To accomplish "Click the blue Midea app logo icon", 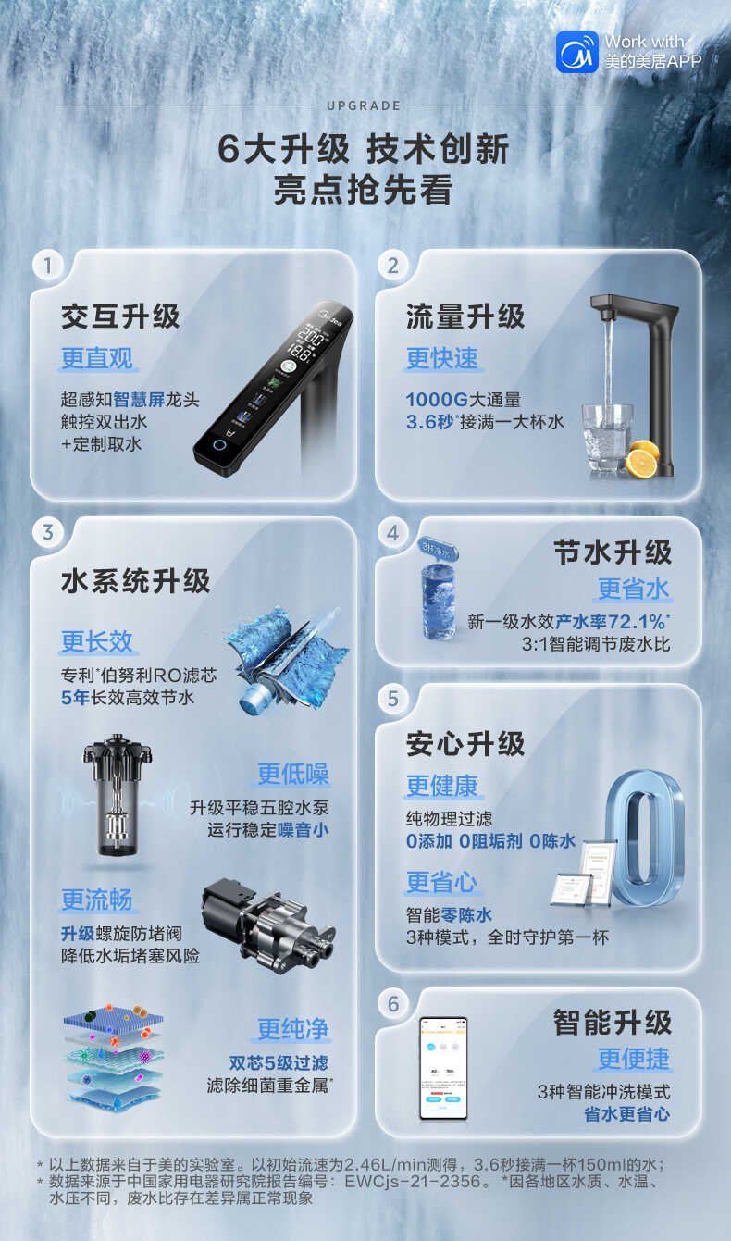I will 576,51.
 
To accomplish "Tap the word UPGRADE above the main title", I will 364,106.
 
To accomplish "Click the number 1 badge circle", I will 48,266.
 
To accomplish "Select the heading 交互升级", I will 119,316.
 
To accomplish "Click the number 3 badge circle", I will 48,532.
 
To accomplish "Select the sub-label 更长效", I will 97,641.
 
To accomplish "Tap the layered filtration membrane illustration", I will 113,1057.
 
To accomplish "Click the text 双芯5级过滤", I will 279,1063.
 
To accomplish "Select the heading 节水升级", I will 613,552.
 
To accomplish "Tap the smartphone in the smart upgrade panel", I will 443,1067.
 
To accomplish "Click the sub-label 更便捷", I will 633,1059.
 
